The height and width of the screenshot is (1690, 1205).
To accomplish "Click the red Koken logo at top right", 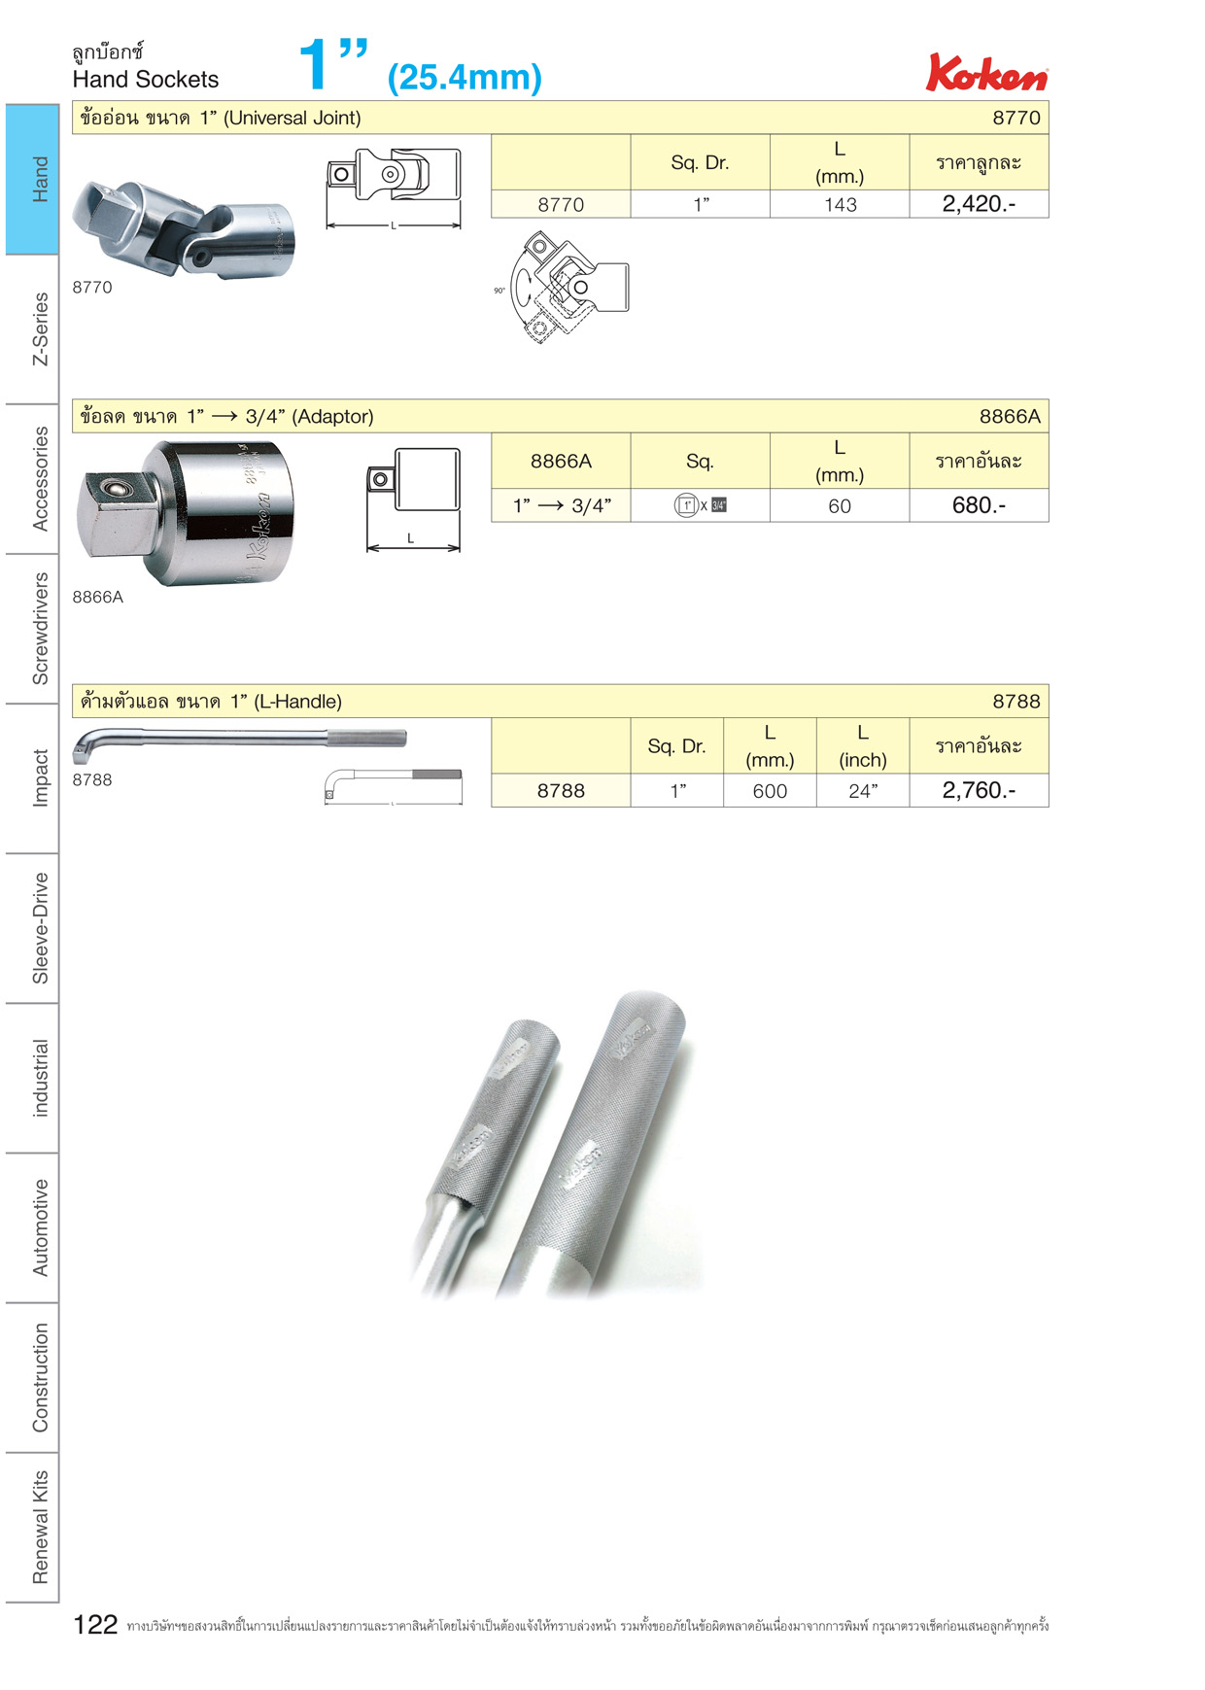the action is (x=986, y=73).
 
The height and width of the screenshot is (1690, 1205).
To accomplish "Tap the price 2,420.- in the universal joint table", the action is (x=979, y=204).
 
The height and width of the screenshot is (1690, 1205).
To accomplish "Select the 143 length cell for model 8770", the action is (x=841, y=205).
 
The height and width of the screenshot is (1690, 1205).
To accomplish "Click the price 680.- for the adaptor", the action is (x=979, y=505).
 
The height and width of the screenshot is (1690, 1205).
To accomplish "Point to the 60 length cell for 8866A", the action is (x=840, y=506).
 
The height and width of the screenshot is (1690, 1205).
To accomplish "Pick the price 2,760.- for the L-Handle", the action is (x=979, y=790).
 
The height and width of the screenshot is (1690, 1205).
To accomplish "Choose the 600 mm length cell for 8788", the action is (x=770, y=791).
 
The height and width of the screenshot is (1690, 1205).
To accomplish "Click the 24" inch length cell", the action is (x=863, y=791).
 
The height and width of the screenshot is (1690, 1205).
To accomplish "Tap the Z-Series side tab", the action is (x=40, y=328).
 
